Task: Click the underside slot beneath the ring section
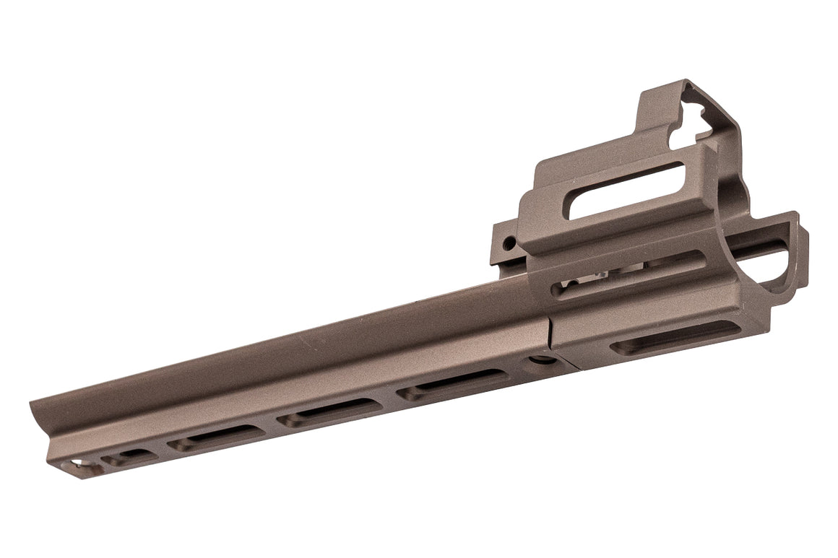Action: tap(675, 337)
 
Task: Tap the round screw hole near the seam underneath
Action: tap(537, 359)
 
